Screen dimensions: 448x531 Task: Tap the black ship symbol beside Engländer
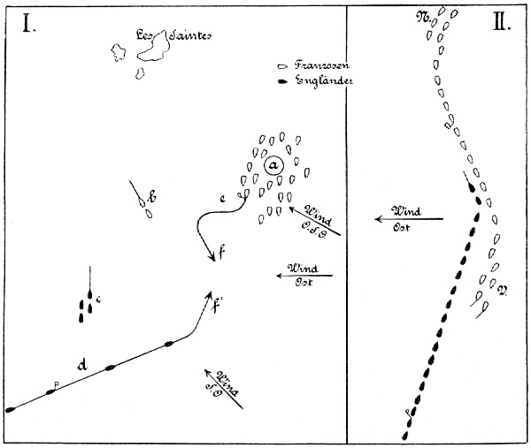click(x=281, y=82)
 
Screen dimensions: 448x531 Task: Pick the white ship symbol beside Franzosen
click(x=281, y=67)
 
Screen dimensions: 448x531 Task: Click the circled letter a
click(x=273, y=165)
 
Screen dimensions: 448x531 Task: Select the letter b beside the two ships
click(x=153, y=198)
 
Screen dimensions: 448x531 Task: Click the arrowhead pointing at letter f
click(x=212, y=256)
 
